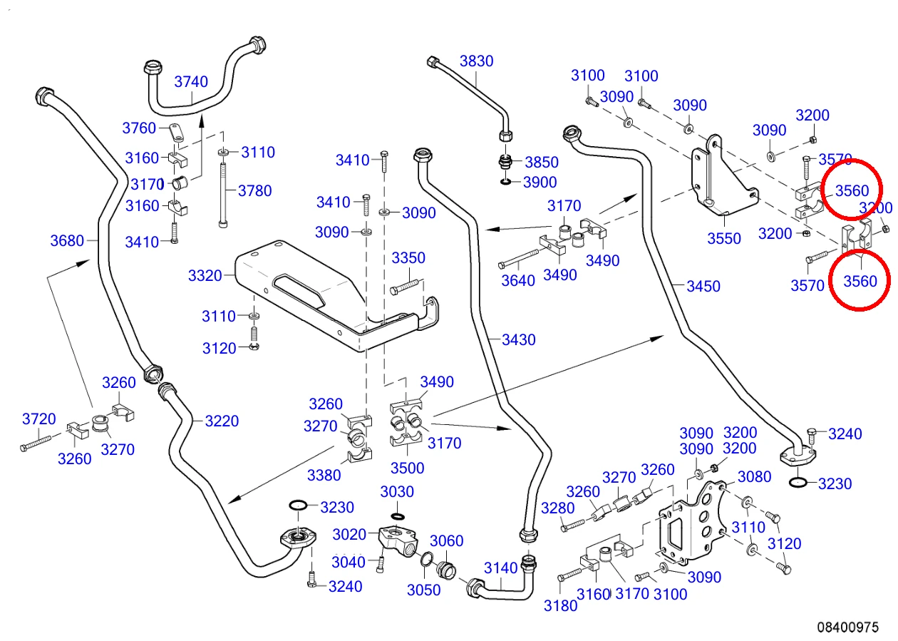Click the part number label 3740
click(x=191, y=82)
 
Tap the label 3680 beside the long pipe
click(x=67, y=241)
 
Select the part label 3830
click(x=476, y=61)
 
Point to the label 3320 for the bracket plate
click(x=205, y=275)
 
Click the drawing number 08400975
click(x=848, y=627)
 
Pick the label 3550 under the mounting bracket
click(x=723, y=239)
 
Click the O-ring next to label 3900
click(x=506, y=182)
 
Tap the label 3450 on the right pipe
click(x=703, y=286)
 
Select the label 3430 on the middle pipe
click(x=518, y=340)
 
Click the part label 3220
click(x=222, y=421)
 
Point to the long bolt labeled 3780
click(x=223, y=195)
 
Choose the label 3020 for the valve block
click(x=349, y=534)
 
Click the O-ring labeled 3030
click(x=397, y=516)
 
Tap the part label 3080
click(x=755, y=476)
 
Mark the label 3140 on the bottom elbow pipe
click(x=500, y=568)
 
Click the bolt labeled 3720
click(x=36, y=443)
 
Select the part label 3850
click(x=542, y=162)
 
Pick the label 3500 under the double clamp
click(x=408, y=468)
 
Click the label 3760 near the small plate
click(x=139, y=128)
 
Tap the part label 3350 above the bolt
click(x=408, y=257)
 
